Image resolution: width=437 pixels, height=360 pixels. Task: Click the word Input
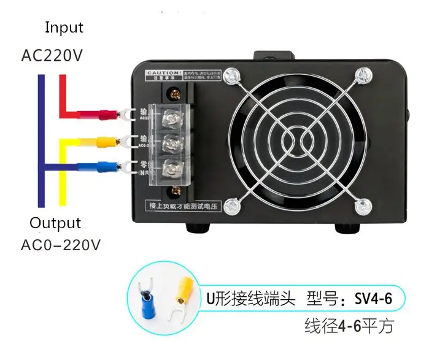pyautogui.click(x=64, y=28)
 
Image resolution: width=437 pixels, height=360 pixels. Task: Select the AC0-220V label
pyautogui.click(x=61, y=245)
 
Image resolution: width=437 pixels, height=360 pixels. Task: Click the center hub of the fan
pyautogui.click(x=298, y=142)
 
